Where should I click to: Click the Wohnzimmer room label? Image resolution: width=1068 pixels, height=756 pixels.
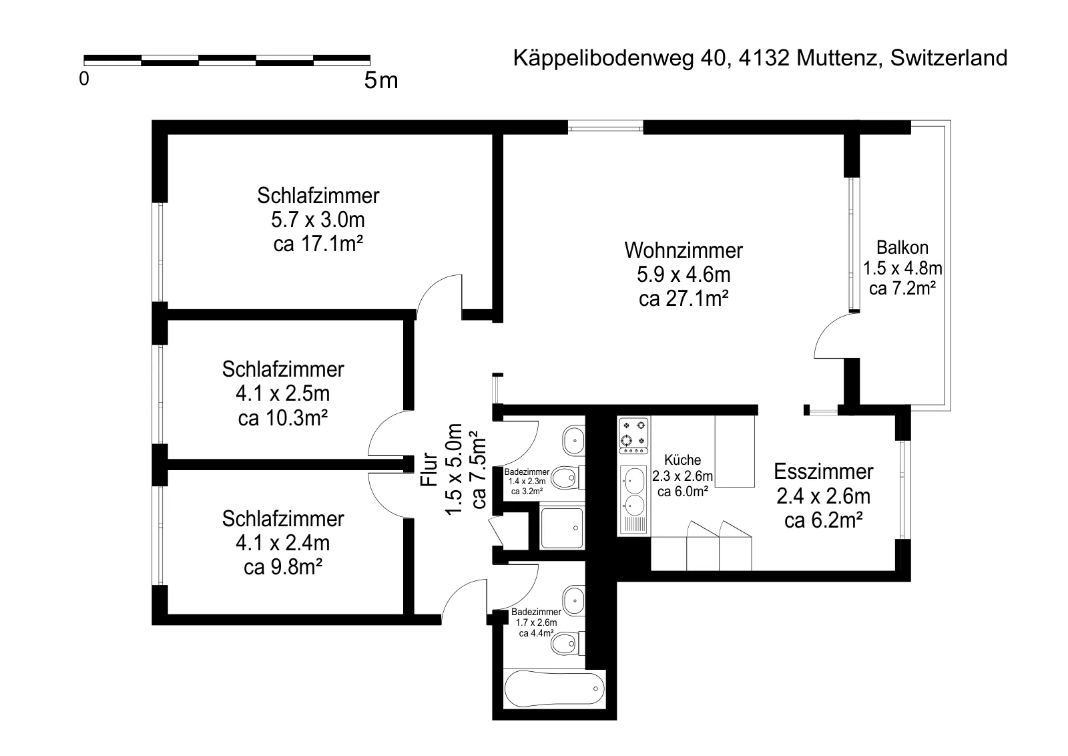coord(684,250)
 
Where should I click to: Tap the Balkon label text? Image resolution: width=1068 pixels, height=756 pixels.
coord(902,248)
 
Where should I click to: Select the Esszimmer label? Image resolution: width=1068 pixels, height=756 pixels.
coord(824,471)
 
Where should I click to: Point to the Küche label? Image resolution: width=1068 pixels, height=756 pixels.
coord(682,459)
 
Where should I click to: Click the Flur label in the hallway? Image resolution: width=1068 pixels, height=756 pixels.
coord(429,469)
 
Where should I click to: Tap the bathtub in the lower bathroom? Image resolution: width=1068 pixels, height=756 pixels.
coord(555,689)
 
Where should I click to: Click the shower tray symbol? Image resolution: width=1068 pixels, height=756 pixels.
coord(562,528)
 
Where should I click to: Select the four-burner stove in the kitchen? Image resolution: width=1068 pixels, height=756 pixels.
coord(633,436)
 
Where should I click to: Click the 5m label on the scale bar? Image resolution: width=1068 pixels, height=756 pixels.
coord(381,80)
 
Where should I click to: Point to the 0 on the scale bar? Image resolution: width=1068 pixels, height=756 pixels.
coord(84,79)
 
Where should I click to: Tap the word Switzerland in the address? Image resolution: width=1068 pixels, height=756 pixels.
coord(949,58)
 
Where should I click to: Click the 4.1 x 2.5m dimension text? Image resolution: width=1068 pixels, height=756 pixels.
coord(283,393)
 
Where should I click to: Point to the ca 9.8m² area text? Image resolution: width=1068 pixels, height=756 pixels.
coord(283,567)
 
